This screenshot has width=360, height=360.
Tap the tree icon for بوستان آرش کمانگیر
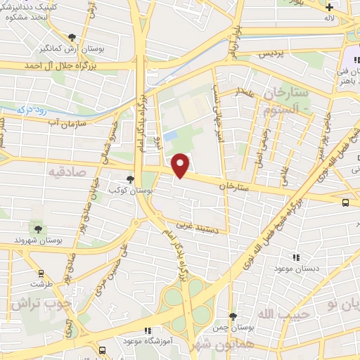point(72,37)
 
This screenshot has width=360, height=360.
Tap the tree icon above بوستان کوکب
point(129,179)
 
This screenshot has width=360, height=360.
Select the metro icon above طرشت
point(41,273)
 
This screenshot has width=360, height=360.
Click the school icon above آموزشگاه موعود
point(147,330)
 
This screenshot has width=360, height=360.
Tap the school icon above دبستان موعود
point(296,257)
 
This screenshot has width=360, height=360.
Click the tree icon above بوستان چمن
point(233,318)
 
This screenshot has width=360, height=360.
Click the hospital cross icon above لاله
point(330,8)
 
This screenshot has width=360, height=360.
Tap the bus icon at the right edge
point(345,202)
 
